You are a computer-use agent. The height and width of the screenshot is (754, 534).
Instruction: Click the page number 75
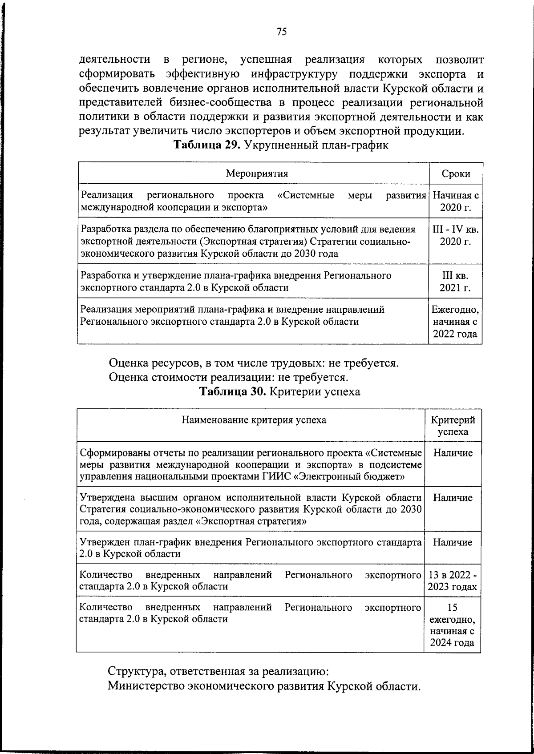[282, 31]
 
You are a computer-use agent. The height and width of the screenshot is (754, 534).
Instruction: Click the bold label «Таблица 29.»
[206, 145]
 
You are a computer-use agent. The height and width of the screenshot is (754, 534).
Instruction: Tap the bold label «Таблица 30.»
[232, 391]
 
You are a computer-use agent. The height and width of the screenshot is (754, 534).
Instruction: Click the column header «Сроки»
[456, 174]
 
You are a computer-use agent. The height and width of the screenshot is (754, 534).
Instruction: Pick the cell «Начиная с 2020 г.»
[456, 201]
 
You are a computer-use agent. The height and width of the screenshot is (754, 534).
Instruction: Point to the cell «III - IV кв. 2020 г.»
[456, 235]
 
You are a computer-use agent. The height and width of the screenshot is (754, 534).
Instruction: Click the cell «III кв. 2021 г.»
[456, 281]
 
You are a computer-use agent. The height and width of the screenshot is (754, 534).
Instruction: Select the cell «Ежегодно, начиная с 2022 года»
[456, 321]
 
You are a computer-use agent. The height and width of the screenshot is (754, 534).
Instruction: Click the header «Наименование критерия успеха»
[254, 420]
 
